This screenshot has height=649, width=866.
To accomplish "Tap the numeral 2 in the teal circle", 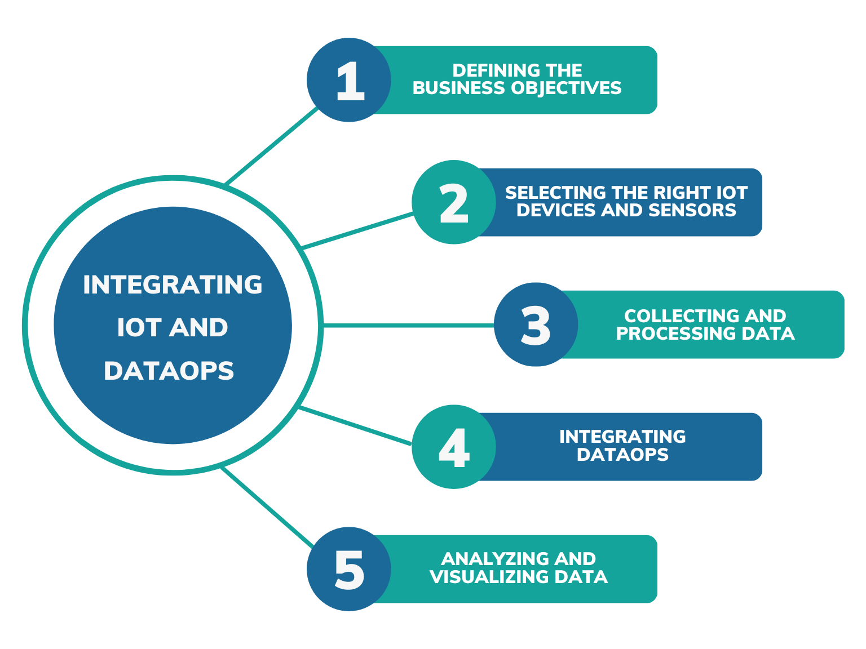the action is click(x=454, y=203).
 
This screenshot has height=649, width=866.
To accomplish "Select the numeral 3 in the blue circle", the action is click(x=536, y=326).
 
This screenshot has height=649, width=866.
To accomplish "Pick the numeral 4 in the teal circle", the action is click(x=454, y=448).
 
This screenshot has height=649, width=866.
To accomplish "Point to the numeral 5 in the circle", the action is click(x=349, y=570).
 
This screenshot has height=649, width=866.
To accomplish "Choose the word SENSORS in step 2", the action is click(x=692, y=210).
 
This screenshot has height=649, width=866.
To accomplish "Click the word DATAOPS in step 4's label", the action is click(x=622, y=454).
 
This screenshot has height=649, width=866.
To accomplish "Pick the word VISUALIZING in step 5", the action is click(x=489, y=577).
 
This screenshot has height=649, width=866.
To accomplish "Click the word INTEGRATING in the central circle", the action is click(x=173, y=285).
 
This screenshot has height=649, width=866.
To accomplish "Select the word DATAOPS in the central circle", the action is click(x=169, y=371).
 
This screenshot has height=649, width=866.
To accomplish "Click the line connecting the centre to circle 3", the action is click(x=409, y=326).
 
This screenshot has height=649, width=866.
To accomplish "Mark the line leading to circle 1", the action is click(x=271, y=146).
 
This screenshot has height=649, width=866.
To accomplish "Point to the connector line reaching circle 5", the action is click(x=267, y=506).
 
